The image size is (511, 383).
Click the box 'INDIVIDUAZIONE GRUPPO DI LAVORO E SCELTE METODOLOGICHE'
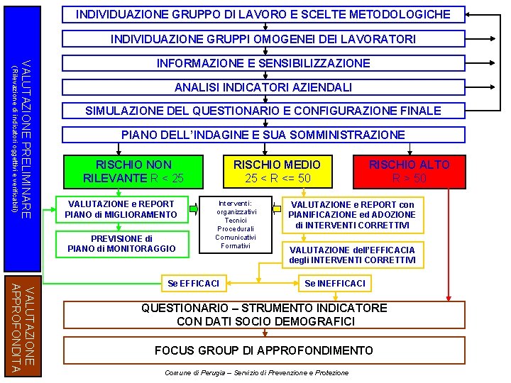point(263,14)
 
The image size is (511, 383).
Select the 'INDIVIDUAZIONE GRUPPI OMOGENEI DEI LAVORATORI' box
point(263,39)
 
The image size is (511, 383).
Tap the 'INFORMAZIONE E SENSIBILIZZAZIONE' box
point(263,63)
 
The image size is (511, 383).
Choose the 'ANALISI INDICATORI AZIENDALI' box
point(263,87)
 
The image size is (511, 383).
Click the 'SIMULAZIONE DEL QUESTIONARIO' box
point(263,111)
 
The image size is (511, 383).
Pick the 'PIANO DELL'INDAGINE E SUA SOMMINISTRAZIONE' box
point(263,135)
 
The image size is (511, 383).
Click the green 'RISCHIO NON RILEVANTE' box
point(133,171)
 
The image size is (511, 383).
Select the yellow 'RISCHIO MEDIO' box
point(277,171)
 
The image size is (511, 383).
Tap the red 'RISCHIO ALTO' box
point(409,171)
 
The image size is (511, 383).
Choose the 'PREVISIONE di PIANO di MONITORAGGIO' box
point(120,243)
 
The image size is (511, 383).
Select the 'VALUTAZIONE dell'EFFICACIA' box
point(352,255)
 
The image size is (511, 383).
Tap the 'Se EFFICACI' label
point(193,284)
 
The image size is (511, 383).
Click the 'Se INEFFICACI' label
point(335,284)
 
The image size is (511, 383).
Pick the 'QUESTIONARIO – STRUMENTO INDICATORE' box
point(264,315)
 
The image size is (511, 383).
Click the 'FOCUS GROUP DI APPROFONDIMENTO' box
point(264,351)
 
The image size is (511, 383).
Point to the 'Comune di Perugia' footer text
point(256,373)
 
